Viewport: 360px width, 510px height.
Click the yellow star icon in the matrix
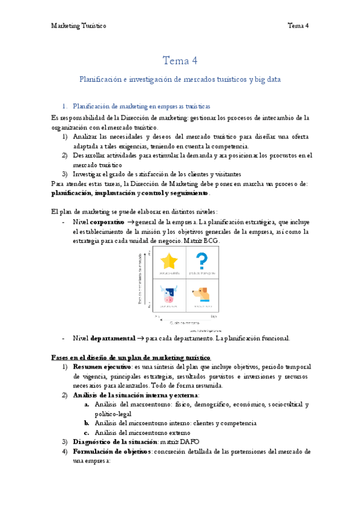pos(170,261)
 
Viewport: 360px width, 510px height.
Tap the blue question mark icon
pos(203,260)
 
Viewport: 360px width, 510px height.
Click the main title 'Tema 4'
pos(180,61)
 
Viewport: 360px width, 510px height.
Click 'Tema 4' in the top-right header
pos(298,25)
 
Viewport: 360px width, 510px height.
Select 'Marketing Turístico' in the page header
pos(78,25)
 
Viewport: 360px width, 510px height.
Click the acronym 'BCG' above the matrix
pos(210,240)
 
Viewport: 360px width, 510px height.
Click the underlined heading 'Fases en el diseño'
pos(90,357)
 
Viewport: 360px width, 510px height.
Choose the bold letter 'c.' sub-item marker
pos(87,432)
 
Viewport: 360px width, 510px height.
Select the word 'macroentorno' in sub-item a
pos(139,405)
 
